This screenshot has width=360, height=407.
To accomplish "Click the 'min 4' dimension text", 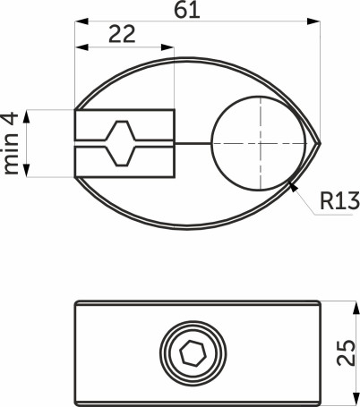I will (x=13, y=142).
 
